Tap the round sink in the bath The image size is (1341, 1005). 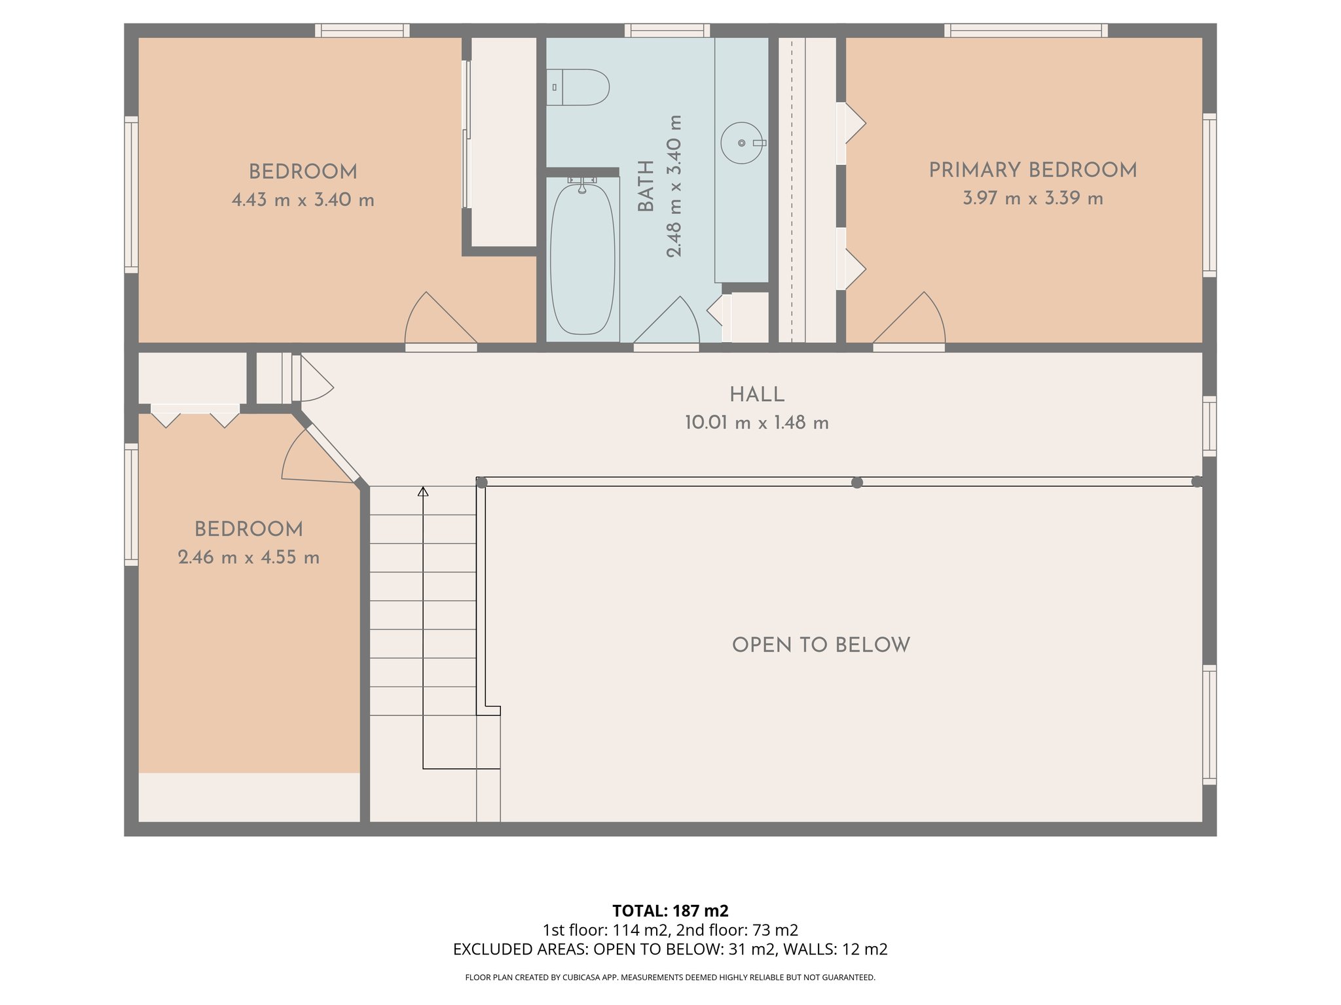click(741, 143)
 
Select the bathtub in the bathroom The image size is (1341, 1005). click(583, 259)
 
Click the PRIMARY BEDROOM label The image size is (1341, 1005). click(1033, 170)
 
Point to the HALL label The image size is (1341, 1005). click(757, 395)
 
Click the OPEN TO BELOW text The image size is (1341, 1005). click(820, 645)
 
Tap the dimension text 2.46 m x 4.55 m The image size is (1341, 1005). click(249, 557)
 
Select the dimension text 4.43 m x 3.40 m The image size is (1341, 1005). click(303, 200)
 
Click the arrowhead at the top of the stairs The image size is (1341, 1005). click(423, 491)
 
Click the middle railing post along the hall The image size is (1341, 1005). click(856, 482)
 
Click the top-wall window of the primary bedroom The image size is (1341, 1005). click(1025, 30)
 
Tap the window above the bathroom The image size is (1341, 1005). click(667, 30)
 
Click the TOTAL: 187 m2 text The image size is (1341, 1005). click(670, 911)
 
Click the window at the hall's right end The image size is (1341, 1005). click(1209, 426)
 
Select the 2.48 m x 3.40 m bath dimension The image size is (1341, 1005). click(674, 186)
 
